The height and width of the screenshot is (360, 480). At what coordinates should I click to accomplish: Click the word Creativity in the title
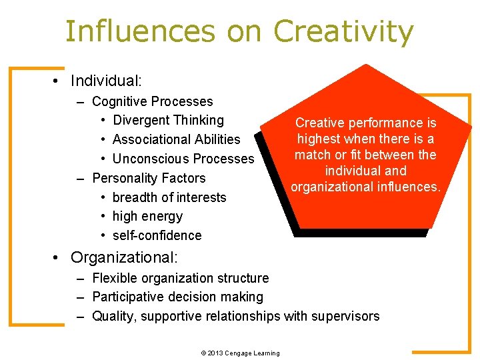pyautogui.click(x=343, y=31)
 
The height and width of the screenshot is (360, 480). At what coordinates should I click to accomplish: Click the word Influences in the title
pyautogui.click(x=140, y=31)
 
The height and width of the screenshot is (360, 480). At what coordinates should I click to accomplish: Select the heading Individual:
pyautogui.click(x=106, y=81)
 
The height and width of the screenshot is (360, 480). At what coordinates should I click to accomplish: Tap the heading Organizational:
pyautogui.click(x=123, y=257)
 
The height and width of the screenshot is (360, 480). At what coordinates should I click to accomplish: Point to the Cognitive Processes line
pyautogui.click(x=152, y=101)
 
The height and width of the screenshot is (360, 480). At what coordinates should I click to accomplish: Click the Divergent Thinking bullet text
pyautogui.click(x=168, y=120)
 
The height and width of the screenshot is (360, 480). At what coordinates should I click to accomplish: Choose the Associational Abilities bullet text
pyautogui.click(x=176, y=139)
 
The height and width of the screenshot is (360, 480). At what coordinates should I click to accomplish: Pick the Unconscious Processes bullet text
pyautogui.click(x=183, y=159)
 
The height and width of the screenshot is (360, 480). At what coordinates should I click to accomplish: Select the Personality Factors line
pyautogui.click(x=149, y=178)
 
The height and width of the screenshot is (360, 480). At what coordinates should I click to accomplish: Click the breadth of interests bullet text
pyautogui.click(x=169, y=197)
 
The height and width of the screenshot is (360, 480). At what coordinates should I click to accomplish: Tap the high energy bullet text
pyautogui.click(x=147, y=216)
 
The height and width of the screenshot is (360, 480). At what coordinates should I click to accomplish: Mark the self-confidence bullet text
pyautogui.click(x=157, y=235)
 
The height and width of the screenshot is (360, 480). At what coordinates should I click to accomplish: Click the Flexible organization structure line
pyautogui.click(x=180, y=278)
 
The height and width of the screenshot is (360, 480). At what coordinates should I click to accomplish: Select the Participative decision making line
pyautogui.click(x=177, y=297)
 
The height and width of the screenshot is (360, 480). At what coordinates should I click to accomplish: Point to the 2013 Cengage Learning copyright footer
pyautogui.click(x=240, y=353)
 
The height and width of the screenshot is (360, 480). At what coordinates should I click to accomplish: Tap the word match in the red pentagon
pyautogui.click(x=311, y=155)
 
